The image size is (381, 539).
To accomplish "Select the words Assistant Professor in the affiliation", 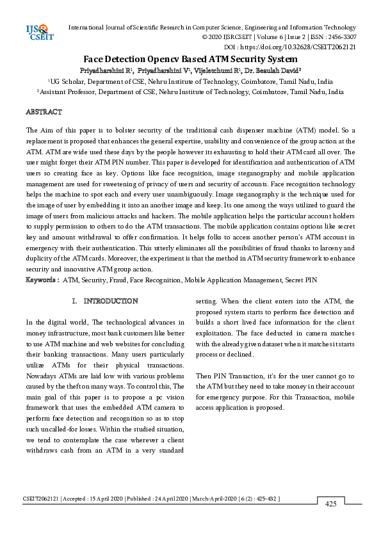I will point(71,92).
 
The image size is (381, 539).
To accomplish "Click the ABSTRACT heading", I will point(44,112).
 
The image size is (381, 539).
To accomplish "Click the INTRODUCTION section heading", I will point(111,301).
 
